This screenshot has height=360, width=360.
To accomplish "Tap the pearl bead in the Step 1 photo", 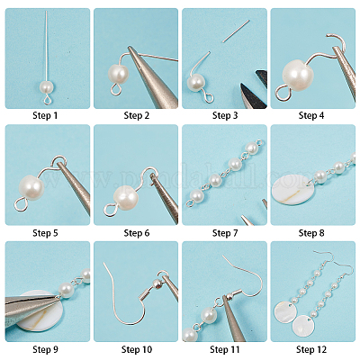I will point(44,87).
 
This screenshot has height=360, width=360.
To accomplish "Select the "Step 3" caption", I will point(224,115).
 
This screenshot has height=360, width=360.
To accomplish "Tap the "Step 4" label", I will point(312,115).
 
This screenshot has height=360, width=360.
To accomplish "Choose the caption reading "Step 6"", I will point(136,232).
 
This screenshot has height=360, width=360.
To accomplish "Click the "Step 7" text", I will point(224,232).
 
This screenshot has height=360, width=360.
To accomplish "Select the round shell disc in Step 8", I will point(293,190).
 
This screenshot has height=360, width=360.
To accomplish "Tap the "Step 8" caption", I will point(312,232).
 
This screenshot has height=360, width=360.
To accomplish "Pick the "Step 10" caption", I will point(136,348).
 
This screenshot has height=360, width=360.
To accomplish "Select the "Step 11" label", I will point(224,348).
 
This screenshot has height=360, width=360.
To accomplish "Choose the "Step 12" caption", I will point(312,348).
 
